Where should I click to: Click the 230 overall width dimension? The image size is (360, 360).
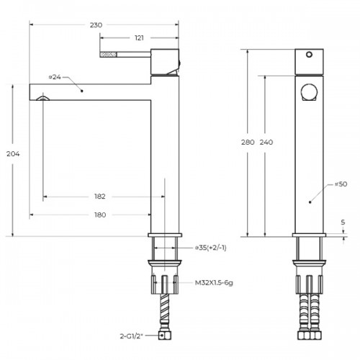tap(96, 25)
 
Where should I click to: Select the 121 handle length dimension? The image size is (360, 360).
tap(139, 38)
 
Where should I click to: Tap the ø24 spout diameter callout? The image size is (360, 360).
tap(55, 77)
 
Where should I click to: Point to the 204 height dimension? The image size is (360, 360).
tap(13, 154)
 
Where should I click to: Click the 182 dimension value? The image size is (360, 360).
tap(100, 197)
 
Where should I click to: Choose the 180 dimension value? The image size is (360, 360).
tap(100, 215)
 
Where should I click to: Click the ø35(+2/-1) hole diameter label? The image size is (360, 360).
tap(210, 248)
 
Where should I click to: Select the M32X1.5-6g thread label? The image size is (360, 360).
tap(214, 283)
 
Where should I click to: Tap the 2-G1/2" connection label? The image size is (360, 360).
tap(131, 336)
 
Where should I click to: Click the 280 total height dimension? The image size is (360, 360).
tap(248, 143)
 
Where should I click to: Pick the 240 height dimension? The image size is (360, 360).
tap(266, 143)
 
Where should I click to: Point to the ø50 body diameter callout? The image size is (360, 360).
tap(341, 184)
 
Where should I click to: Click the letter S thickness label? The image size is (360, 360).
tap(343, 222)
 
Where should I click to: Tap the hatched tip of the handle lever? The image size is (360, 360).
tap(108, 55)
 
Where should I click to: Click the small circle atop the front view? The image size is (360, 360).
tap(310, 55)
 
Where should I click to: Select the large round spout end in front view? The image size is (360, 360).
tap(310, 92)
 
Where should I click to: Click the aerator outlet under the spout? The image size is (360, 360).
tap(43, 98)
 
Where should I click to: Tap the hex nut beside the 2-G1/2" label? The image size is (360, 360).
tap(165, 336)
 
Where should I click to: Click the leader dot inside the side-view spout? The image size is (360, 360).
tap(82, 91)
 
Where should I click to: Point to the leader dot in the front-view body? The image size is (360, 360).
tap(310, 202)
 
